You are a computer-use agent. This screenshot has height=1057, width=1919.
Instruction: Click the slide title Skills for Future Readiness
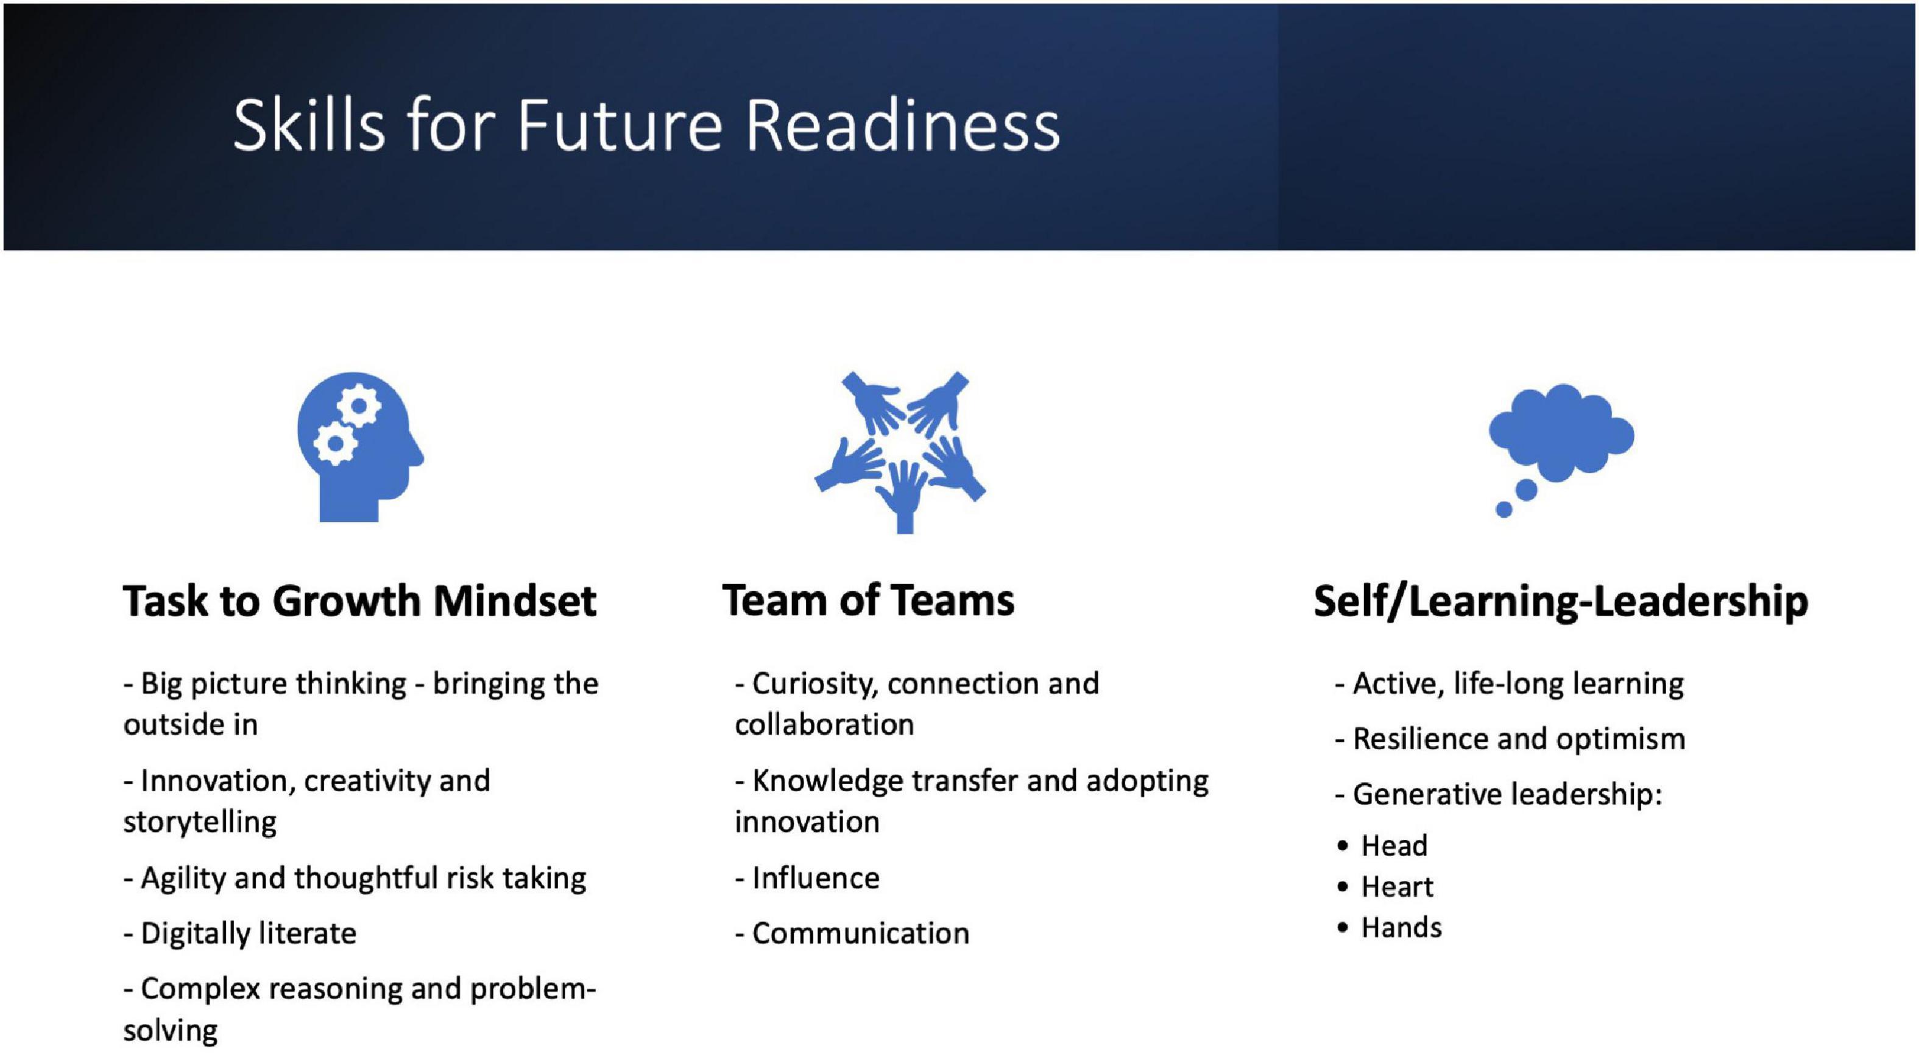pyautogui.click(x=646, y=124)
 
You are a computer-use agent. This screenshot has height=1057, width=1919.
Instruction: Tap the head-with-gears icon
pyautogui.click(x=360, y=446)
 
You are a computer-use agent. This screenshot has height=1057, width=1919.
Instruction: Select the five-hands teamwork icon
pyautogui.click(x=900, y=452)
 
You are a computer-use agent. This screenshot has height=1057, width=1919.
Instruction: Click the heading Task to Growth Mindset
pyautogui.click(x=360, y=601)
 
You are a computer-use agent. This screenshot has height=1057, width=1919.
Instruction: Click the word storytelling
pyautogui.click(x=200, y=822)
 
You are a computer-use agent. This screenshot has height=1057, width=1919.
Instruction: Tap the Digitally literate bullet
pyautogui.click(x=240, y=933)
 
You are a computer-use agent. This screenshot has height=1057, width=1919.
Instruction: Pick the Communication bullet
pyautogui.click(x=852, y=933)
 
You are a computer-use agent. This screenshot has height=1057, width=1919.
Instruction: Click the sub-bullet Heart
pyautogui.click(x=1397, y=887)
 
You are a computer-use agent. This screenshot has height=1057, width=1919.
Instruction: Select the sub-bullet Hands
pyautogui.click(x=1401, y=928)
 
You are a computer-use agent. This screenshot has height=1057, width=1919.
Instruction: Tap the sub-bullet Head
pyautogui.click(x=1394, y=846)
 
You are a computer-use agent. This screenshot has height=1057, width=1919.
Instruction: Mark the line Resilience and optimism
pyautogui.click(x=1510, y=739)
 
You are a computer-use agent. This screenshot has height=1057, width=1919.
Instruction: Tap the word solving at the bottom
pyautogui.click(x=171, y=1031)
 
